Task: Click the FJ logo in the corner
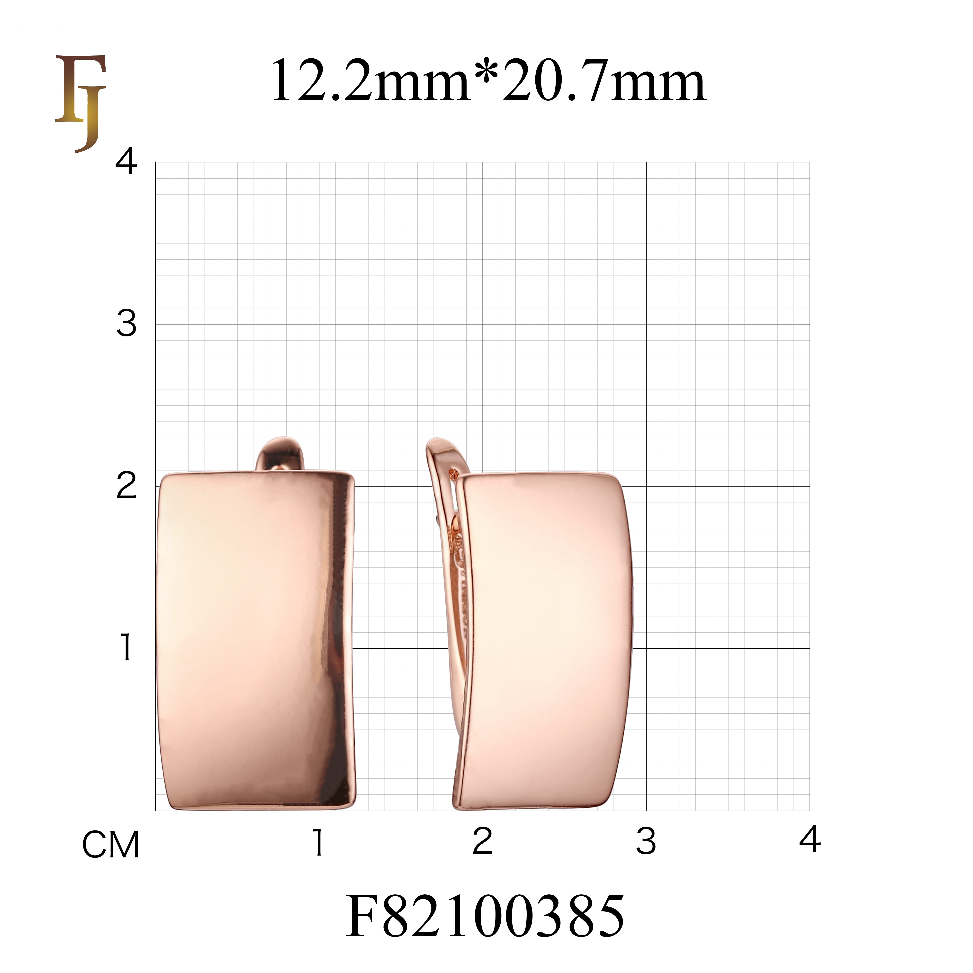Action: pos(81,103)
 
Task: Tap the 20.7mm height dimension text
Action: pos(604,81)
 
